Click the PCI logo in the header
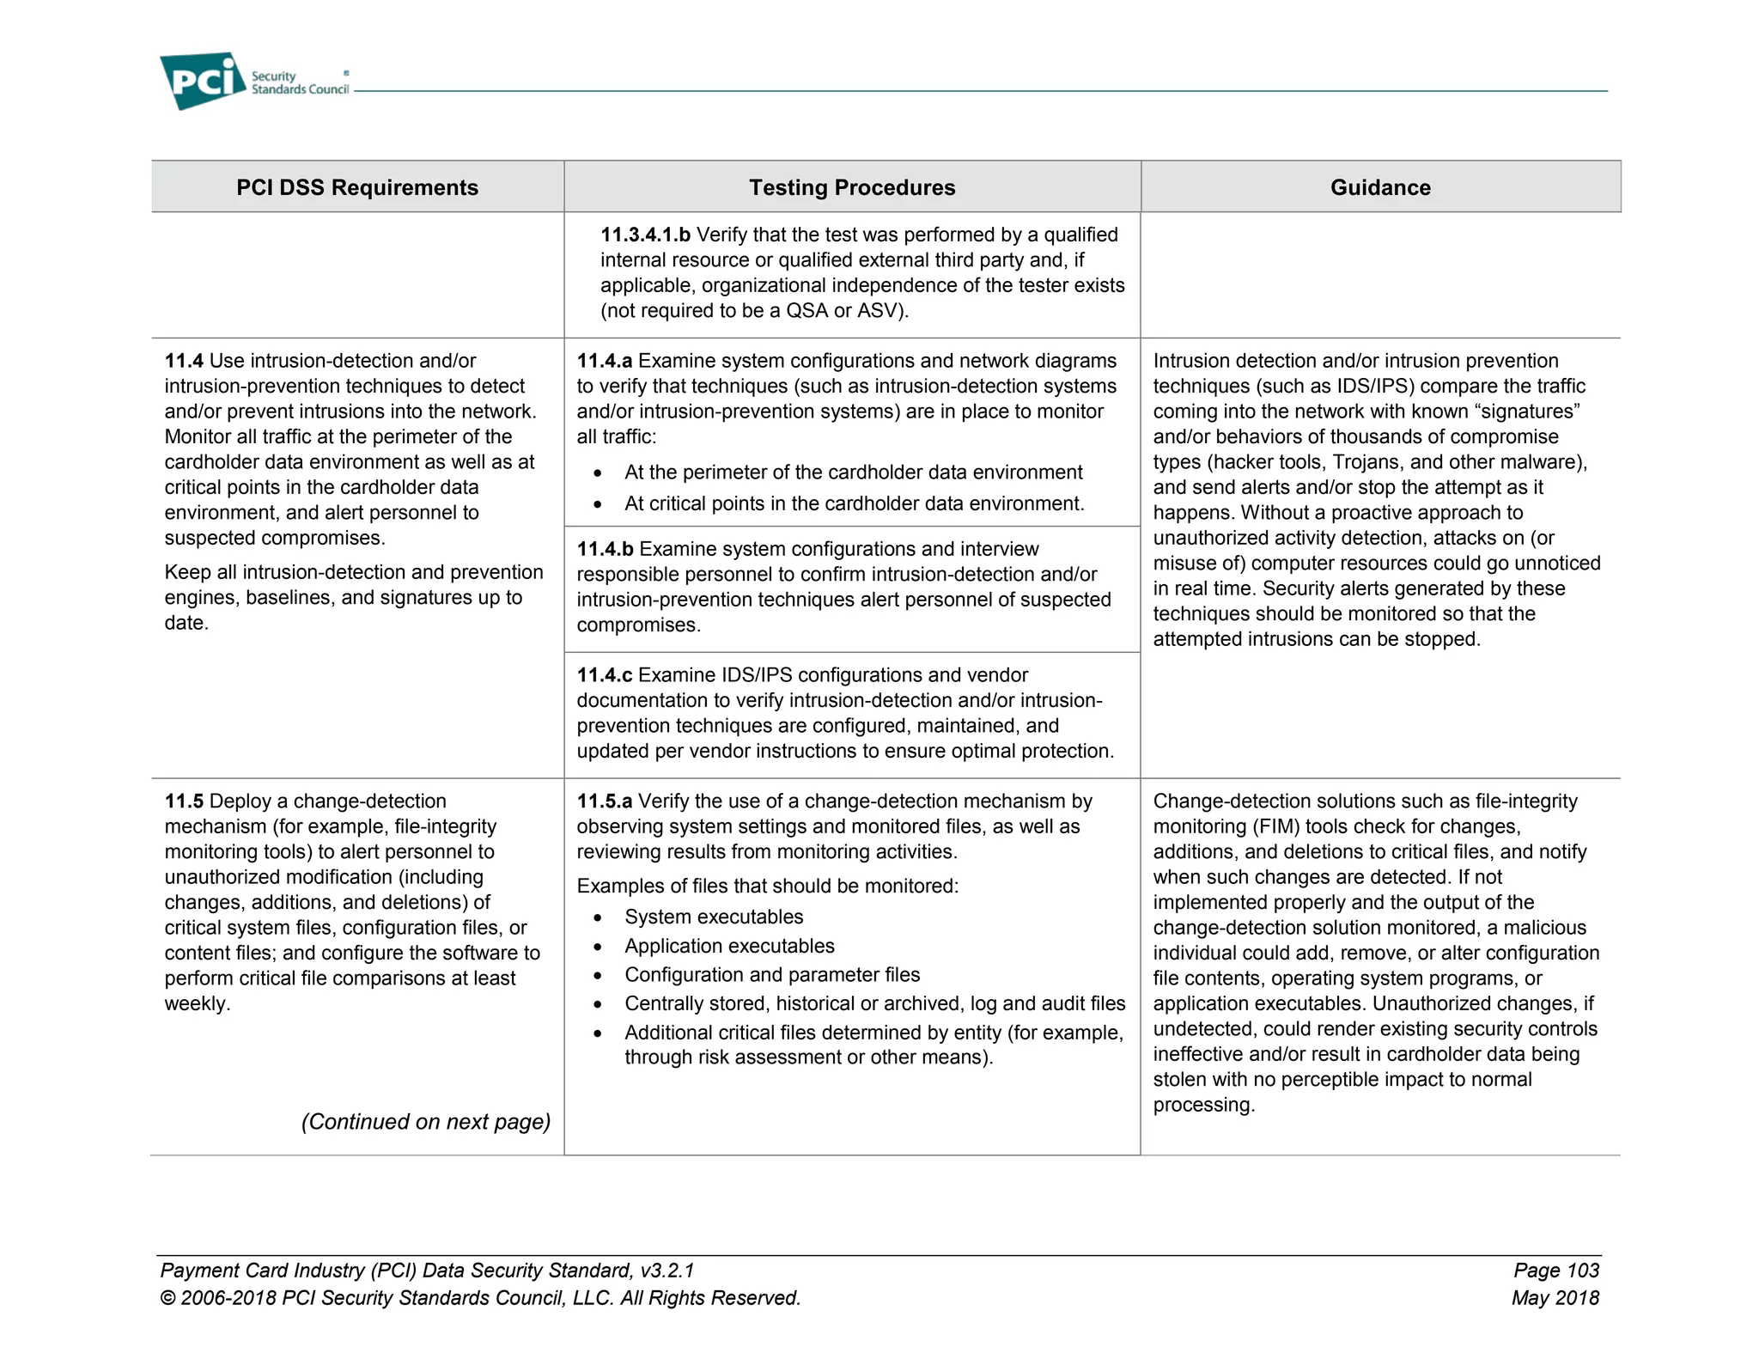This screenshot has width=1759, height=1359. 203,81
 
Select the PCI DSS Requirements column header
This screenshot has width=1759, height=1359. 357,187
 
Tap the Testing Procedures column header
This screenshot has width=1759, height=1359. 851,187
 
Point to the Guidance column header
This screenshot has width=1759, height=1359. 1379,187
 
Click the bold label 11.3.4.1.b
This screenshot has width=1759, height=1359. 645,235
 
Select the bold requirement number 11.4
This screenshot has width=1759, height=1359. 184,361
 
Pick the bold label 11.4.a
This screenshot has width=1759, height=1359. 604,361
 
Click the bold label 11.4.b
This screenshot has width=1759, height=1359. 605,549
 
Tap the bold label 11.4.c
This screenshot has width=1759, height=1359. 604,675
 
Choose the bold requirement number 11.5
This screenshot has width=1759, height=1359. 184,801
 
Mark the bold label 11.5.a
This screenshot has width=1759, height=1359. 604,801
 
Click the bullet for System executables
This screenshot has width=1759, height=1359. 598,918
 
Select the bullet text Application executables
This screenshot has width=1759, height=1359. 729,946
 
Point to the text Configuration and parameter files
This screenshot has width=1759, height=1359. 771,975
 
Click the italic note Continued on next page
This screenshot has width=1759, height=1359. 425,1122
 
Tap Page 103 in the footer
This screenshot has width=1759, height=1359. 1555,1271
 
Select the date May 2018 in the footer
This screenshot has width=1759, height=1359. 1555,1298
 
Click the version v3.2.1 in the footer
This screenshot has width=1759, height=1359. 667,1271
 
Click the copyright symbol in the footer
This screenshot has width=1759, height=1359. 167,1299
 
